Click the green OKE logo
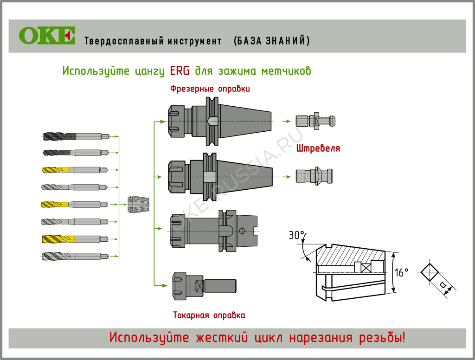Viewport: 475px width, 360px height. [x=47, y=36]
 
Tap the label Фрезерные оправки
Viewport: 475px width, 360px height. [x=210, y=89]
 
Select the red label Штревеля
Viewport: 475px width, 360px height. [x=318, y=149]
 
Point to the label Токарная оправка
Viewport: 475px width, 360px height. [x=209, y=315]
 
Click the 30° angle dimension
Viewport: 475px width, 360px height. [x=296, y=236]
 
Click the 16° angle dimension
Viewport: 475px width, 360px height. [x=402, y=272]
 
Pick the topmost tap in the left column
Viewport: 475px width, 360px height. [x=76, y=136]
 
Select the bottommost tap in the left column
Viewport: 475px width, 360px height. [x=76, y=256]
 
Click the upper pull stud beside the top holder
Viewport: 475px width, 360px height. [x=315, y=121]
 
